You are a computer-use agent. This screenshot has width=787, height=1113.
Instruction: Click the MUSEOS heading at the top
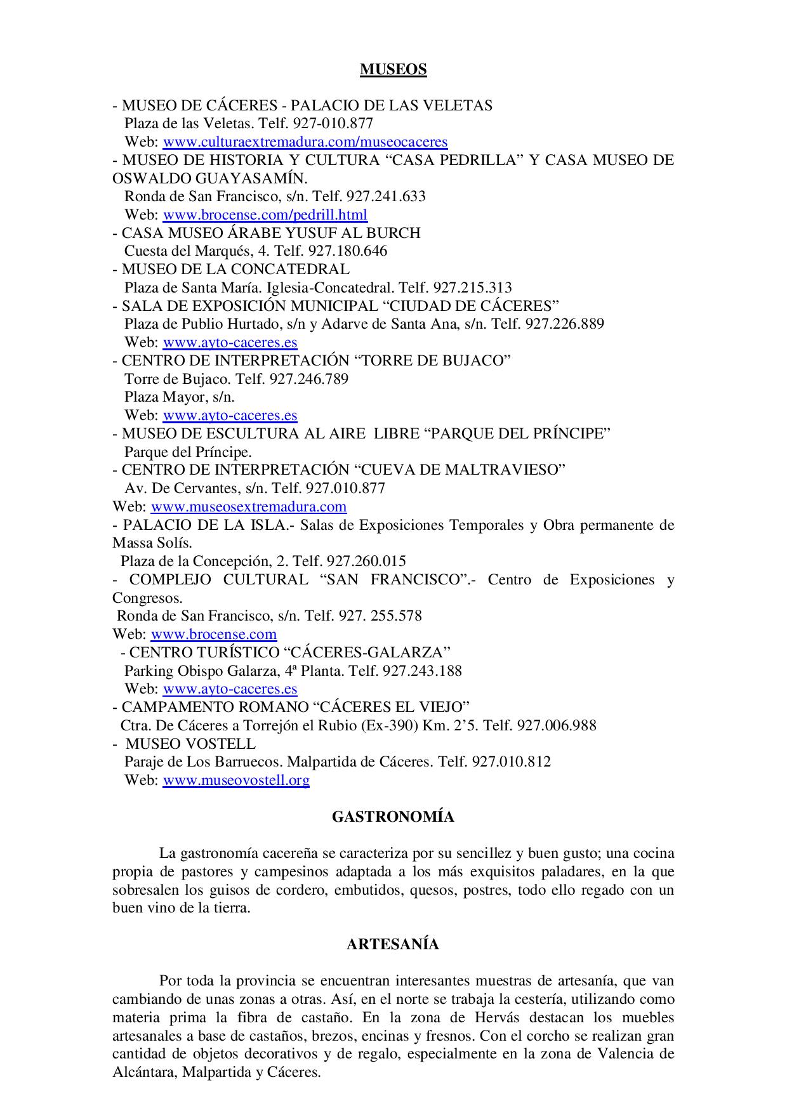point(393,69)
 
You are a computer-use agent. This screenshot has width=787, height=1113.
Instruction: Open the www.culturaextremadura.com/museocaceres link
point(305,142)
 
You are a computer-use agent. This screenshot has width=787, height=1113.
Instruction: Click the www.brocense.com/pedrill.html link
point(265,214)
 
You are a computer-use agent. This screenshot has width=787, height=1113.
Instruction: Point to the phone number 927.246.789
point(309,379)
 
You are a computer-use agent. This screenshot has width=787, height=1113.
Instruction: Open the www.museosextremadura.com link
point(249,506)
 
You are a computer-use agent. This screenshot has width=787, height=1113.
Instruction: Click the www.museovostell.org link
point(236,780)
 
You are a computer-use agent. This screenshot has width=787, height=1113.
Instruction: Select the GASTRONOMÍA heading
point(393,817)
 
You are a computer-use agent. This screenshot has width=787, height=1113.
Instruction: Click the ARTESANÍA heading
point(393,944)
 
